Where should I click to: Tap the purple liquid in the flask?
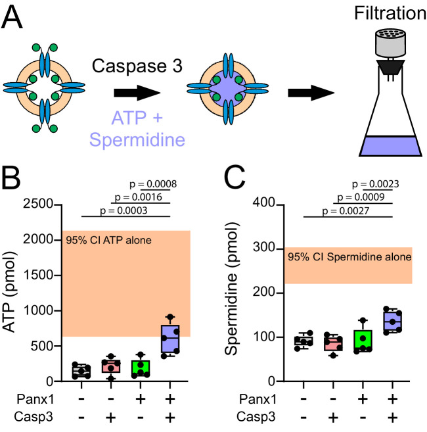pos(390,145)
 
